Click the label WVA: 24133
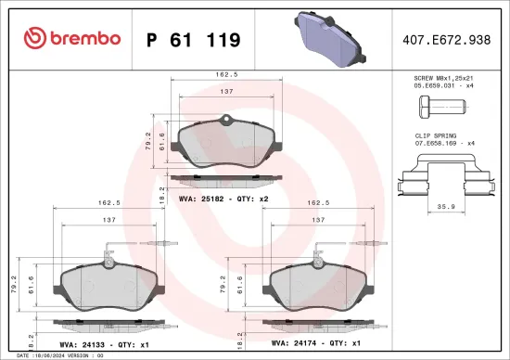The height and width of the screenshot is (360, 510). [84, 342]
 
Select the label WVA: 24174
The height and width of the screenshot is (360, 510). [295, 342]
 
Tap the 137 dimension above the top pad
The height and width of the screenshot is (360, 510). [225, 92]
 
